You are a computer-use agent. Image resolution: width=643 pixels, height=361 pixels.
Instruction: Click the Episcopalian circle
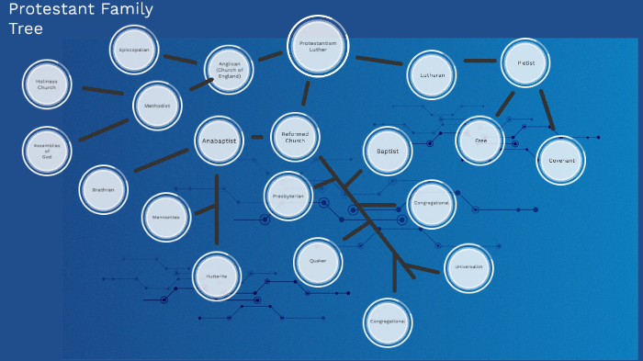pos(135,50)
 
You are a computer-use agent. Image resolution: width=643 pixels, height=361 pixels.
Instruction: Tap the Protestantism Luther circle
pos(319,46)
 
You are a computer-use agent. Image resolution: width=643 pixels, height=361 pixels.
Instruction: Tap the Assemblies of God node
pos(47,151)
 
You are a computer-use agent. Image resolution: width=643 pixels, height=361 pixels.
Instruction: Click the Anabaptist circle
pos(220,141)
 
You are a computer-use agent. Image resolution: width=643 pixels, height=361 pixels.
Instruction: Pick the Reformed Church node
pos(295,140)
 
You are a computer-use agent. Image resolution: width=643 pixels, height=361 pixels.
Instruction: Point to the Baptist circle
pos(389,150)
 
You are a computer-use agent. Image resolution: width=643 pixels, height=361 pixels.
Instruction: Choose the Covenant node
pos(561,160)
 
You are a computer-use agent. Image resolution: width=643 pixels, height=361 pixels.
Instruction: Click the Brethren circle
pos(103,189)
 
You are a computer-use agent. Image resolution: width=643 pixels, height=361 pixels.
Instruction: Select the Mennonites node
pos(166,217)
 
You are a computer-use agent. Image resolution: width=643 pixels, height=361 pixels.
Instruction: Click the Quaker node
pos(318,262)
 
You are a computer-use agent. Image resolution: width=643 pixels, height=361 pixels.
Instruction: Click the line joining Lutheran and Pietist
pos(479,61)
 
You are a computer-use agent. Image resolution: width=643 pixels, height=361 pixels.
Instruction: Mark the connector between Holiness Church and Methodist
pos(103,90)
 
